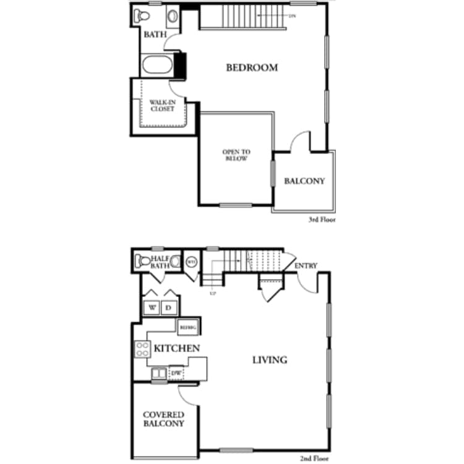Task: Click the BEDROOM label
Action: tap(252, 67)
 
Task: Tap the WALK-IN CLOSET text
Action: tap(162, 105)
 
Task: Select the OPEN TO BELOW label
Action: tap(235, 155)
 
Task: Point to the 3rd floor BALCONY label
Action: tap(304, 181)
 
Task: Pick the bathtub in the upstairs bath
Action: tap(158, 66)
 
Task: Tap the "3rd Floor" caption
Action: tap(322, 219)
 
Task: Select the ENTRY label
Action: tap(306, 266)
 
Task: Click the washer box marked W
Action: tap(152, 307)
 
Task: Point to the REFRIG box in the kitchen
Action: tap(186, 326)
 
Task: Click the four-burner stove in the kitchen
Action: tap(142, 350)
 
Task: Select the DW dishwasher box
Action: tap(176, 373)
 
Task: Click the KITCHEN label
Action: tap(177, 348)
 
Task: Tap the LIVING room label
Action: tap(270, 359)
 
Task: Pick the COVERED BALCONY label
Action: tap(163, 419)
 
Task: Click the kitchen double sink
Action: tap(159, 373)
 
